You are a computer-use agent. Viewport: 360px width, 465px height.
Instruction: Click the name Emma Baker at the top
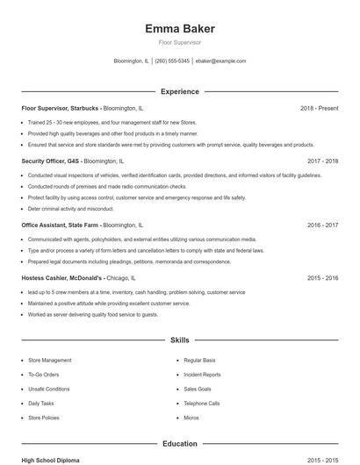179,29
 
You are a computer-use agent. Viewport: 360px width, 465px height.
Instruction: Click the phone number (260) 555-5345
173,61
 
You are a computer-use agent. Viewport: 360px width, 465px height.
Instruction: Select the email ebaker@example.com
220,61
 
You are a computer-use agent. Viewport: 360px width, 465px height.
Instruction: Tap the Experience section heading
179,91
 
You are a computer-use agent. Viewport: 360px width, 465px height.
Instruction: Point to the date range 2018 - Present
319,108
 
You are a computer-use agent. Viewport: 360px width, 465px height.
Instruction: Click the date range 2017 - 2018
323,161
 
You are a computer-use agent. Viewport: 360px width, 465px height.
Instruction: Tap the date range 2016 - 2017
323,225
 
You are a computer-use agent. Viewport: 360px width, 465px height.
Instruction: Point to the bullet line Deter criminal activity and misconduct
71,209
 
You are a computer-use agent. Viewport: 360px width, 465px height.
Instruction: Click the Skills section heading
179,339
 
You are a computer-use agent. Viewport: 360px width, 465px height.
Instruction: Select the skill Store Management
50,361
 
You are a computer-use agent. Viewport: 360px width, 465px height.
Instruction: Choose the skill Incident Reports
202,375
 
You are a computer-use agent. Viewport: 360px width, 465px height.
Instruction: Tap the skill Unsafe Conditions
49,389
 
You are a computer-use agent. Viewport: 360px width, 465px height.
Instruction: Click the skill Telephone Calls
201,403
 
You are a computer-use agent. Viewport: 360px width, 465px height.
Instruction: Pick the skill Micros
191,418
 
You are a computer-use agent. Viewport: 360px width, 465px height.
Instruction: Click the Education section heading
179,444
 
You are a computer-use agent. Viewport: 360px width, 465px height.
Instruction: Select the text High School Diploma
52,460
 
